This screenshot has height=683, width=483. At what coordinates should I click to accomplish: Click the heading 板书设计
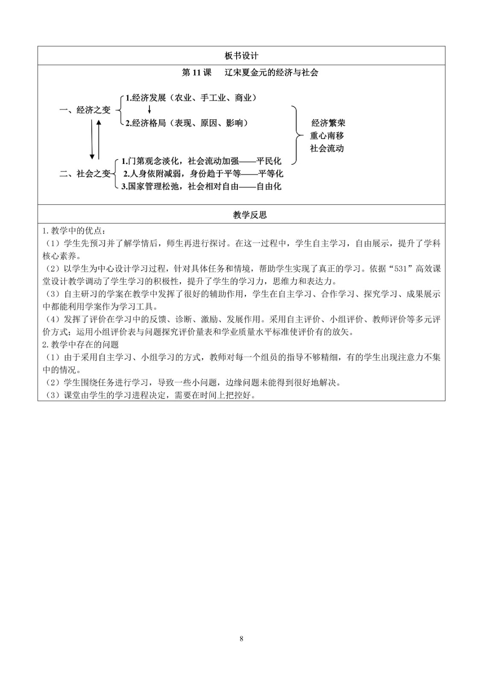241,55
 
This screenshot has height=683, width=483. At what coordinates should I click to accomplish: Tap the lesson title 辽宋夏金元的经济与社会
272,72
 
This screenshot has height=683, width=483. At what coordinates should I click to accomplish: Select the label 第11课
196,72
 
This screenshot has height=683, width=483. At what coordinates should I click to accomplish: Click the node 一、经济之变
85,110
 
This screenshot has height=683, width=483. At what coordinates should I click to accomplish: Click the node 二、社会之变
85,174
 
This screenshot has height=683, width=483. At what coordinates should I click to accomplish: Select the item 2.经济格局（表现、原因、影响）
187,123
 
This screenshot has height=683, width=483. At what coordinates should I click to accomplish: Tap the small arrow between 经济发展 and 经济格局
149,110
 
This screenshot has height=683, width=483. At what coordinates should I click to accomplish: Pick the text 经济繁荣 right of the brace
328,123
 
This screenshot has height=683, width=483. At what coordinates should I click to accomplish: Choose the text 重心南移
327,136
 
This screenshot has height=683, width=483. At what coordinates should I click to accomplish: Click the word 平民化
269,161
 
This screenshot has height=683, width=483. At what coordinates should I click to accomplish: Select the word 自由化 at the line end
269,187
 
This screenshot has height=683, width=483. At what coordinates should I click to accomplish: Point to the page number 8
242,639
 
